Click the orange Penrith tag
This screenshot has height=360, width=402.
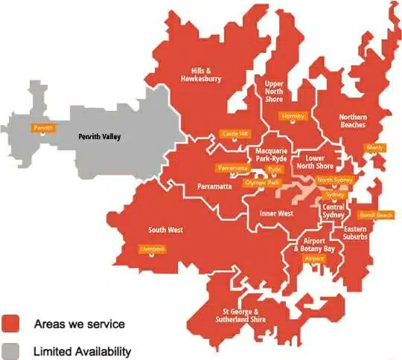(44, 128)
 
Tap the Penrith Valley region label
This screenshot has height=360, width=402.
(100, 138)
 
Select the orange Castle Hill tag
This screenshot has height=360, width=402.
(235, 135)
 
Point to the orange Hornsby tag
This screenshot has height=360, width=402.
(292, 116)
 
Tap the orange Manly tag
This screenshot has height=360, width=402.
(374, 147)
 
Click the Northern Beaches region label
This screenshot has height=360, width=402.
(352, 120)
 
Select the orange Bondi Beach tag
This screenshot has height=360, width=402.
(375, 215)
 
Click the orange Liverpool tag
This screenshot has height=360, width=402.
(152, 249)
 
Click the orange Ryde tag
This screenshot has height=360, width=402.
(275, 170)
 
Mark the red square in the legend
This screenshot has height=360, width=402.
(11, 324)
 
